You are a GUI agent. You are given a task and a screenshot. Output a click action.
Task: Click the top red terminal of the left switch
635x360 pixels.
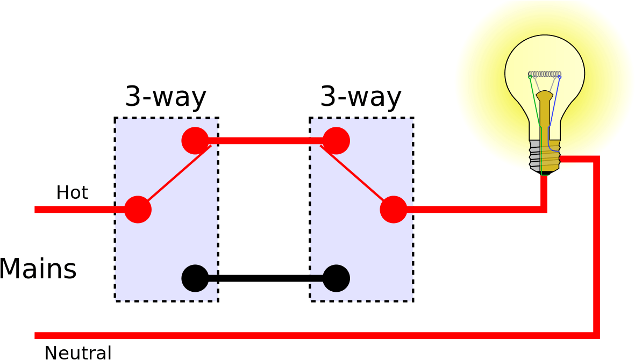(195, 141)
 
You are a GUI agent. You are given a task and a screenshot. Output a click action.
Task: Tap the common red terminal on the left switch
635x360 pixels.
(138, 210)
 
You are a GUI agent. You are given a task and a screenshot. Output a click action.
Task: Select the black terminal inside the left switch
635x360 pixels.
(195, 278)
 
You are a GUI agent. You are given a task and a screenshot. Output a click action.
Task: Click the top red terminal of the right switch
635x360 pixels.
(336, 141)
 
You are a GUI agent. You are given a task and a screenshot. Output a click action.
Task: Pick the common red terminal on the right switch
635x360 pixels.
(394, 210)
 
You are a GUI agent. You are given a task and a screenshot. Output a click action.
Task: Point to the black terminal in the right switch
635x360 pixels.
(336, 278)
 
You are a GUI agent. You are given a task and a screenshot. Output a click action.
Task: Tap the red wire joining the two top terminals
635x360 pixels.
(266, 141)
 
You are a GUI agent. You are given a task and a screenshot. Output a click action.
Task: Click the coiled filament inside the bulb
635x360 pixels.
(545, 74)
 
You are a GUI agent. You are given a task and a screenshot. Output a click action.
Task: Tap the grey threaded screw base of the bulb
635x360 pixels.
(544, 156)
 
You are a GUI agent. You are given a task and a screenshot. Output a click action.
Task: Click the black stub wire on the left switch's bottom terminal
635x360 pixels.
(213, 278)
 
